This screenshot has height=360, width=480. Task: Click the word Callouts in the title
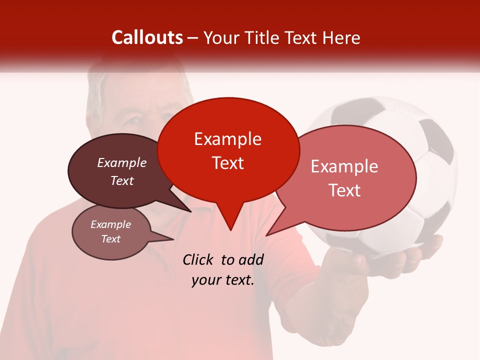[x=147, y=37]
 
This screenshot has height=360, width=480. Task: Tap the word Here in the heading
[x=341, y=37]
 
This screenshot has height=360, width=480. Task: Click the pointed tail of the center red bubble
[x=230, y=227]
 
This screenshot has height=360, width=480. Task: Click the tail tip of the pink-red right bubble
[x=268, y=234]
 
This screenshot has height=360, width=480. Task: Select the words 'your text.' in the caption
[x=223, y=280]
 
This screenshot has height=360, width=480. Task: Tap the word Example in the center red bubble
[x=227, y=139]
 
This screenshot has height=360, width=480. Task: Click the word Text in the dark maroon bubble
[x=122, y=181]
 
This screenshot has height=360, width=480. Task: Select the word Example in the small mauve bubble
[x=110, y=224]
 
